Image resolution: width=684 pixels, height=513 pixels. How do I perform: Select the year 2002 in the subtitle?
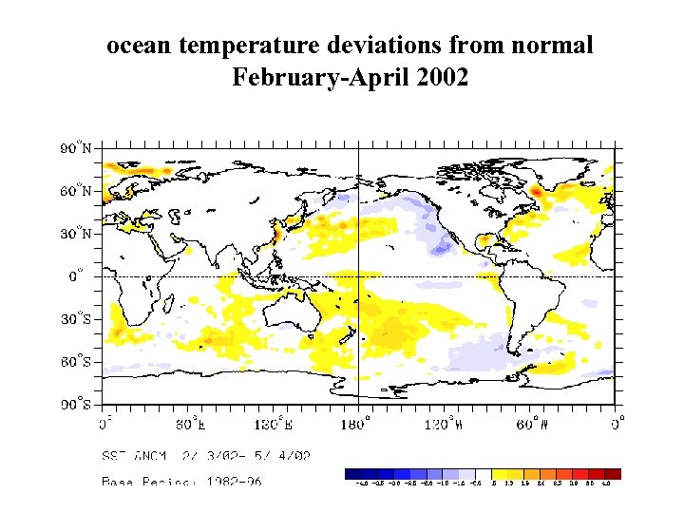tap(442, 77)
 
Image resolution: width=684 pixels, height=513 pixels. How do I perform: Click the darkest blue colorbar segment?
tap(352, 473)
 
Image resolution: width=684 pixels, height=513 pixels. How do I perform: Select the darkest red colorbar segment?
tap(613, 473)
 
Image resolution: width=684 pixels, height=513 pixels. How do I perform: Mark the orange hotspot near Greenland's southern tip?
tap(537, 192)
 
